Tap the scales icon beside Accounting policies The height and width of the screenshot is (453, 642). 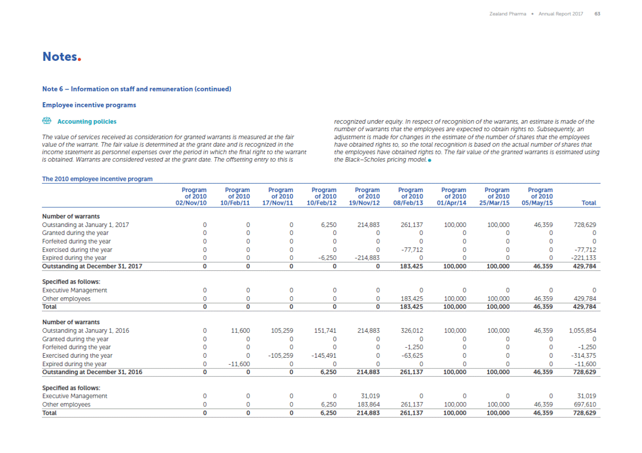(46, 121)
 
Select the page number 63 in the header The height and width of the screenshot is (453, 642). (597, 14)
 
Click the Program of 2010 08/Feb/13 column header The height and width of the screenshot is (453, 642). (410, 196)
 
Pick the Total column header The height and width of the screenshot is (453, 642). (588, 203)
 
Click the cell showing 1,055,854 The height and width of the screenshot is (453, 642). (582, 331)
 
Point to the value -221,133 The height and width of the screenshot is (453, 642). (585, 258)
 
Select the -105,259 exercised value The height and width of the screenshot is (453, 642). (280, 356)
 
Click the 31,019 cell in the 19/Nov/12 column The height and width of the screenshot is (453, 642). (369, 396)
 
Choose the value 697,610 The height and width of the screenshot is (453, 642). (584, 404)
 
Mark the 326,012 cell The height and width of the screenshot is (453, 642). (412, 331)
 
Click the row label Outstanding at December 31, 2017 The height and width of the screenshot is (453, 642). (92, 267)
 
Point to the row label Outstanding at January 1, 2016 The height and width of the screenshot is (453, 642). (85, 331)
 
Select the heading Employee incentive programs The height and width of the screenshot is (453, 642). (89, 105)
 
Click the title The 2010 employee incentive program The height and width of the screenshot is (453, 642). (97, 179)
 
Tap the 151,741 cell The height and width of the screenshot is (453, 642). (325, 331)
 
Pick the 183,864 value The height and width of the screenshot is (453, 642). (368, 404)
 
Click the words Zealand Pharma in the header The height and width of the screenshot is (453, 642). (507, 14)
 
